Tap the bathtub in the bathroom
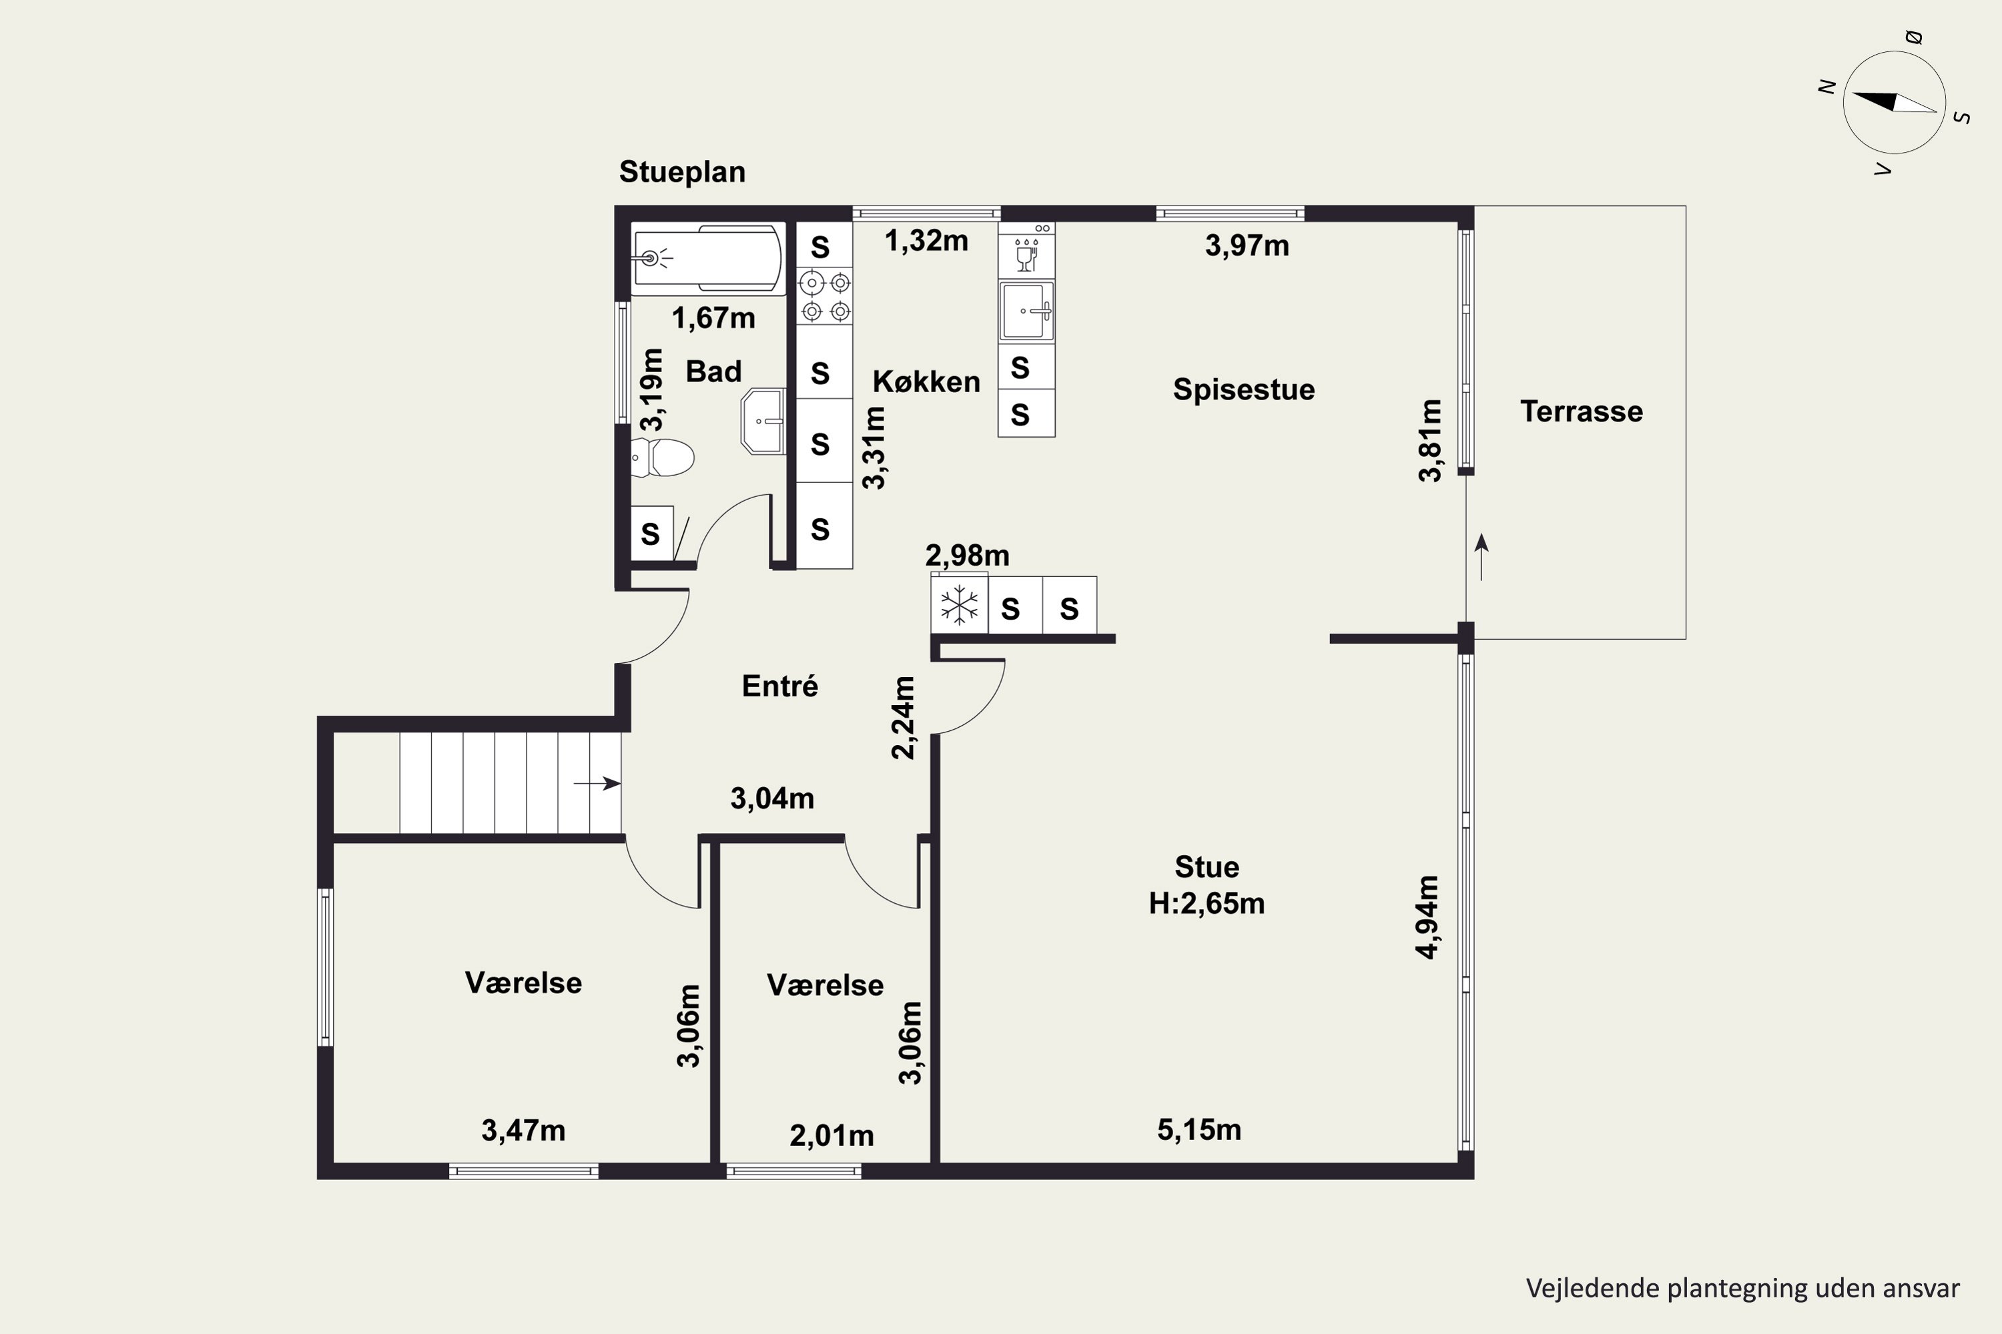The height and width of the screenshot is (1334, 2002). point(707,259)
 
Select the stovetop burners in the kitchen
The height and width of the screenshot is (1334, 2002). point(825,296)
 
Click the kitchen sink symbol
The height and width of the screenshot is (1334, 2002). point(1026,311)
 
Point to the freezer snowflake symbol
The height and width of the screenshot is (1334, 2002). point(960,605)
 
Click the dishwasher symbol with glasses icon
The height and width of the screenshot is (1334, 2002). point(1026,253)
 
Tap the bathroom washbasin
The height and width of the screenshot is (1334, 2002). point(763,422)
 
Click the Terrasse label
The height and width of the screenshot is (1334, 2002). point(1582,412)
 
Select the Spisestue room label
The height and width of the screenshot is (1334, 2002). point(1244,390)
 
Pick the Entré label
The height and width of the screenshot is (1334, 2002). point(779,686)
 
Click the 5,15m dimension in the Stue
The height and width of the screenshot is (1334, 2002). point(1199,1130)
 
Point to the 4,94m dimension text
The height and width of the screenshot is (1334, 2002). point(1427,917)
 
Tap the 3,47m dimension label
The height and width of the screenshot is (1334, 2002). point(523,1131)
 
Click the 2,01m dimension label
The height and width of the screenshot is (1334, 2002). point(831,1136)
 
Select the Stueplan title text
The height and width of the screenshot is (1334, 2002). point(682,172)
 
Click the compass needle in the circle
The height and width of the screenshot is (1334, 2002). point(1895,102)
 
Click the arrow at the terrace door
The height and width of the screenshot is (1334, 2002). point(1482,557)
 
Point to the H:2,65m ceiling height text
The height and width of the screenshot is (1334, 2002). point(1207,904)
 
